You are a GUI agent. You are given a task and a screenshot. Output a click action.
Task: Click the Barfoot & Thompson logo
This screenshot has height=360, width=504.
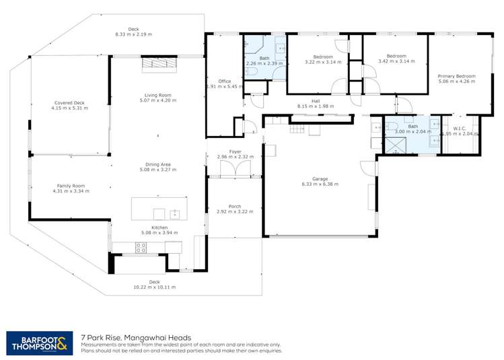(x=36, y=342)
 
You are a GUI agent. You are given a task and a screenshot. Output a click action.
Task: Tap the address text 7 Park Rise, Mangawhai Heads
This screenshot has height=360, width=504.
(x=136, y=338)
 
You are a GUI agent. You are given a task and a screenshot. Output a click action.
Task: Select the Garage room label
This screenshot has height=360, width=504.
(x=320, y=178)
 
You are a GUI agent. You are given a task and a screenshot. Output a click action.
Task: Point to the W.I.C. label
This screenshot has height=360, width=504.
(x=460, y=129)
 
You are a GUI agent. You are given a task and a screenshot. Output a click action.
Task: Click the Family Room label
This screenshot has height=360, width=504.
(x=70, y=186)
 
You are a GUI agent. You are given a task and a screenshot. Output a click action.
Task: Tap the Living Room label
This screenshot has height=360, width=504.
(x=157, y=95)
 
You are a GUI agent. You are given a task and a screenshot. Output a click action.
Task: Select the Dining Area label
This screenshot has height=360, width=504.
(x=157, y=164)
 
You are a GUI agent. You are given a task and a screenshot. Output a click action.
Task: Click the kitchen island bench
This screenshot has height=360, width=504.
(x=159, y=208)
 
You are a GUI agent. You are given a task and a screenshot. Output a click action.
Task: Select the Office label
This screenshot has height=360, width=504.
(x=224, y=81)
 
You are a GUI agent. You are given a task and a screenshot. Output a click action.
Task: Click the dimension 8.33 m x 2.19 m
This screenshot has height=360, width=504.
(x=133, y=34)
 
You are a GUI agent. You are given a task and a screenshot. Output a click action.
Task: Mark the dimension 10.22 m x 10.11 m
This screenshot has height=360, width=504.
(x=154, y=287)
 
